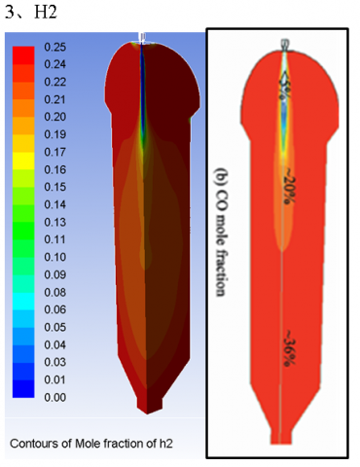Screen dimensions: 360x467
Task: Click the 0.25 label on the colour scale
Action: point(55,47)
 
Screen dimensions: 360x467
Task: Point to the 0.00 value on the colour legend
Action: point(55,397)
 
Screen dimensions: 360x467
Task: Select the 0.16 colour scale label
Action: point(55,169)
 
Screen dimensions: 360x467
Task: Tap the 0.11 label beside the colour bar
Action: point(55,239)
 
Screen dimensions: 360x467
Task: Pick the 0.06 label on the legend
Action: point(55,309)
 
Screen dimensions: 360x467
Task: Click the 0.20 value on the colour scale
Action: point(55,117)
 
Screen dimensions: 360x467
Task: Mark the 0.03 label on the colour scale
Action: point(55,362)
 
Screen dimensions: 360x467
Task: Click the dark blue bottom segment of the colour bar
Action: point(23,388)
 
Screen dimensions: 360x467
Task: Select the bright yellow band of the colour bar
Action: point(23,161)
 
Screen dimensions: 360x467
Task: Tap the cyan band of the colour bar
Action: point(23,301)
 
